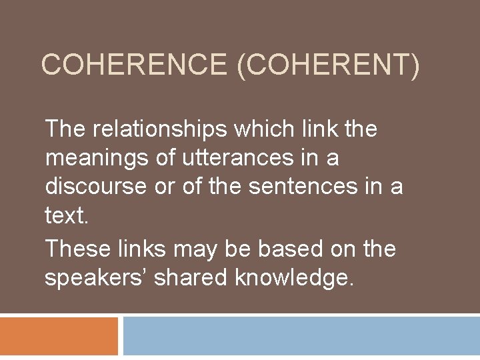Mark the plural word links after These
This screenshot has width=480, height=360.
(x=147, y=249)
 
